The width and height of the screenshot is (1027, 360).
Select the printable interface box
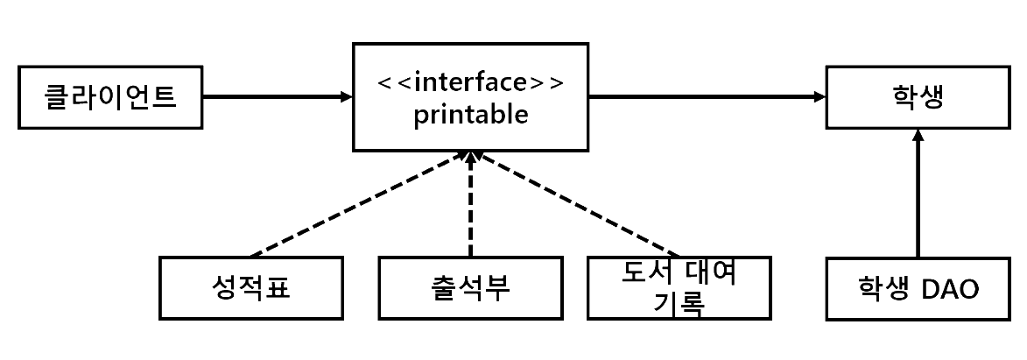(x=471, y=97)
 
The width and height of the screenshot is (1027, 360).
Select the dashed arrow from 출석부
(x=471, y=206)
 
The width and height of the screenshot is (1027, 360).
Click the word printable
(x=471, y=116)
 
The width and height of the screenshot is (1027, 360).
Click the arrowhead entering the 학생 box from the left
(x=819, y=95)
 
